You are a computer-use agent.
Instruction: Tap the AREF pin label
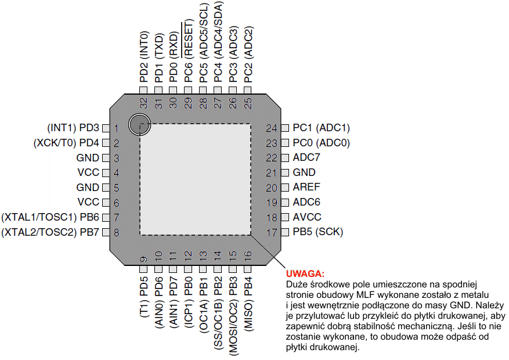306,188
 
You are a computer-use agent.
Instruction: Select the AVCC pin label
307,217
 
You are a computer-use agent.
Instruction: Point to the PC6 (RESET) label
189,52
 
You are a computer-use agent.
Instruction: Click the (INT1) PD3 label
73,128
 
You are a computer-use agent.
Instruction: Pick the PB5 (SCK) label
318,232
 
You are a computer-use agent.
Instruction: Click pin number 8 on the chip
117,233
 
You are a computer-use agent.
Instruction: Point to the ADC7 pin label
306,157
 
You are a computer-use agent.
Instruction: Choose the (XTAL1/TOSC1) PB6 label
51,217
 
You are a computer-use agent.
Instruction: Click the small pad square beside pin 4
106,172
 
